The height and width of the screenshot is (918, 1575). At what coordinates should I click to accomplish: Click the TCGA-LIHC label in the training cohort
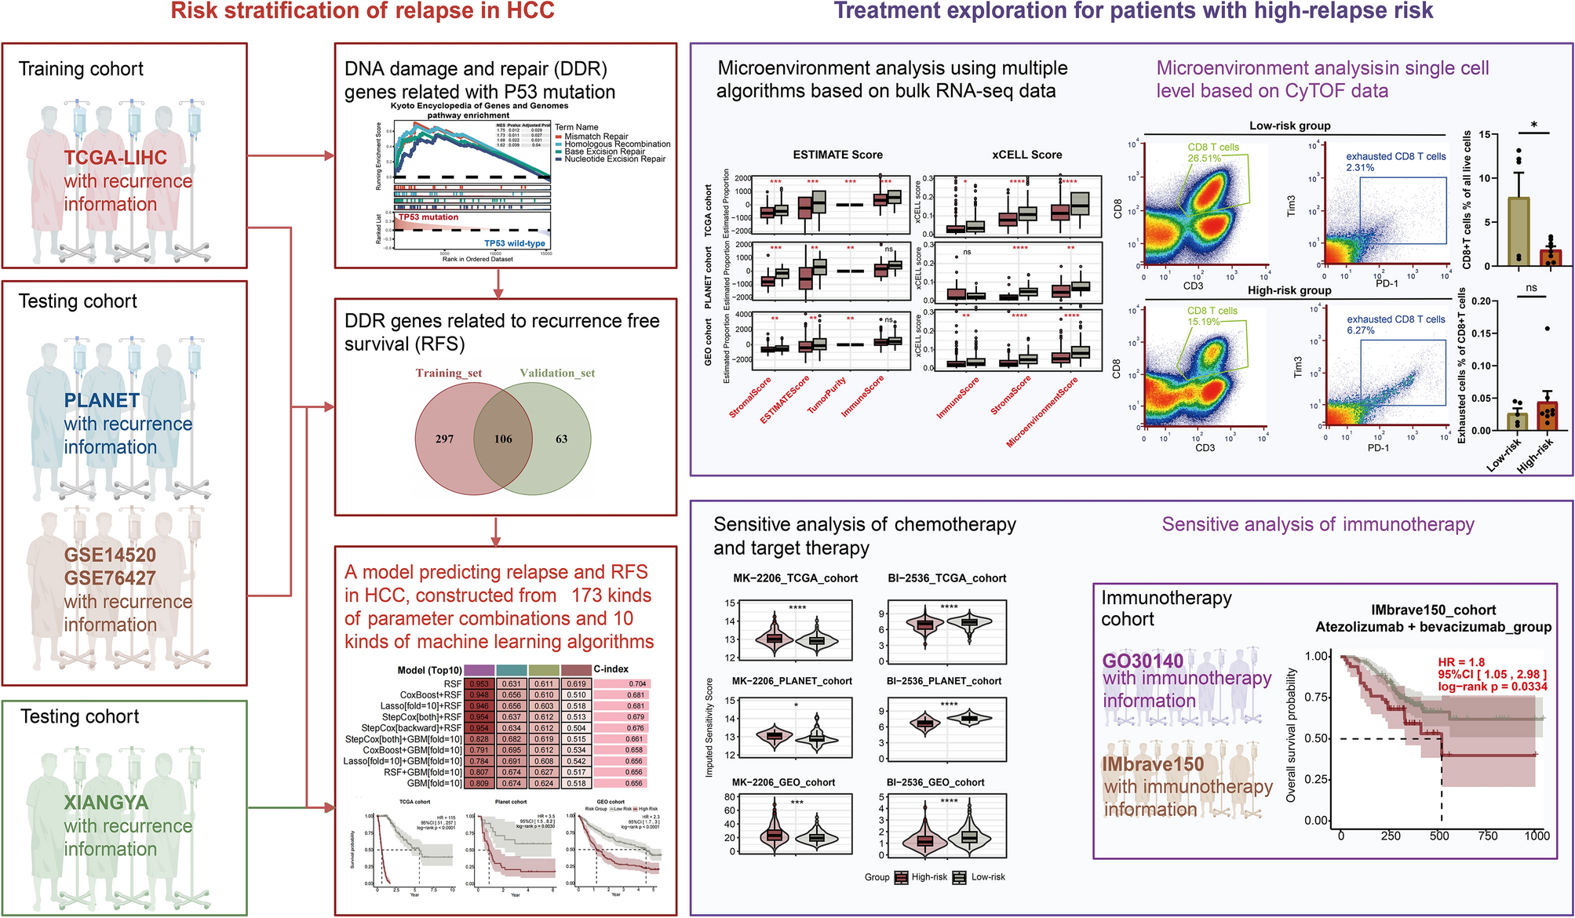pyautogui.click(x=115, y=158)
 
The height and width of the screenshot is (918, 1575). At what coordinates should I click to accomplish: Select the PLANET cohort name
pyautogui.click(x=102, y=401)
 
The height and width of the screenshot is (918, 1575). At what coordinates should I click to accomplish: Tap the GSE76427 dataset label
pyautogui.click(x=110, y=578)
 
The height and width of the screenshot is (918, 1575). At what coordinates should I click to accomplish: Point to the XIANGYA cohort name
pyautogui.click(x=106, y=803)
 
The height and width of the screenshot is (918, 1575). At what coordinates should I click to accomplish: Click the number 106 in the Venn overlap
pyautogui.click(x=503, y=439)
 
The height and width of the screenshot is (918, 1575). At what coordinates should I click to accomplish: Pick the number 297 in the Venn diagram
pyautogui.click(x=444, y=439)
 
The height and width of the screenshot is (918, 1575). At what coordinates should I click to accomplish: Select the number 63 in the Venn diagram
pyautogui.click(x=561, y=439)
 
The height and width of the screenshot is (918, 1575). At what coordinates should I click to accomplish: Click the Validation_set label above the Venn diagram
pyautogui.click(x=557, y=373)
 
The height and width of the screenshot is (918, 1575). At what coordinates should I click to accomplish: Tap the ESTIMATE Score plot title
pyautogui.click(x=837, y=155)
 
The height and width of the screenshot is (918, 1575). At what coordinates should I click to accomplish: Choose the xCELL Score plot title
pyautogui.click(x=1026, y=155)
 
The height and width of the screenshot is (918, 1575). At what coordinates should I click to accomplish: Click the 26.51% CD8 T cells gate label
pyautogui.click(x=1205, y=158)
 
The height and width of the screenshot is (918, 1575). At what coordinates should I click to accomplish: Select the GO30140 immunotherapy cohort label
pyautogui.click(x=1143, y=661)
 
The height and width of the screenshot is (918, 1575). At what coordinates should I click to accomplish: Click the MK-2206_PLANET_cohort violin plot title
pyautogui.click(x=792, y=681)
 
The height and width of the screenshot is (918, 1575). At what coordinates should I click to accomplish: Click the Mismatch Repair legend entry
pyautogui.click(x=596, y=137)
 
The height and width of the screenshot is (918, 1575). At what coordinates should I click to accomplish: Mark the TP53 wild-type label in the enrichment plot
pyautogui.click(x=514, y=243)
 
